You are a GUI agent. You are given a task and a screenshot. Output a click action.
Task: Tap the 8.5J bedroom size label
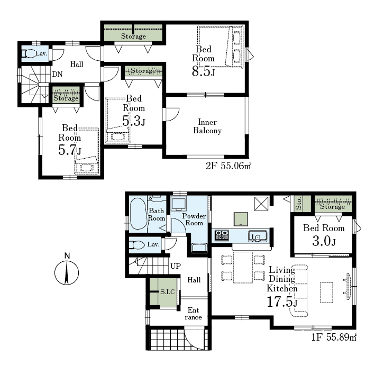click(203, 71)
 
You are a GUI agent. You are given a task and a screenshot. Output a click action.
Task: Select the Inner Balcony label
click(207, 126)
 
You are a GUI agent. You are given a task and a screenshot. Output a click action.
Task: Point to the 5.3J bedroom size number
click(133, 121)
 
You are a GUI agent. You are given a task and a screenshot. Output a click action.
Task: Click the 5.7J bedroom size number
click(70, 150)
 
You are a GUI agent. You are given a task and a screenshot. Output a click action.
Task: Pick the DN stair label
click(58, 74)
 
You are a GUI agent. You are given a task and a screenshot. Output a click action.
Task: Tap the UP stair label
click(176, 266)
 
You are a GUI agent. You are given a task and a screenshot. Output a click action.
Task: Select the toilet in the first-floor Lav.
click(136, 245)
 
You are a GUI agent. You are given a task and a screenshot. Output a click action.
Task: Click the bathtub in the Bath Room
click(138, 214)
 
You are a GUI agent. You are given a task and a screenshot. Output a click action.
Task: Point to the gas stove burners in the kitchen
click(222, 235)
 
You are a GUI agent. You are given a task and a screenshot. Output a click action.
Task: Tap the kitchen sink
click(258, 236)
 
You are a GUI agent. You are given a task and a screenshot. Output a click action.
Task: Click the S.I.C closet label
click(167, 292)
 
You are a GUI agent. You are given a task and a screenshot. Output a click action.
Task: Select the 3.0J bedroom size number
click(324, 241)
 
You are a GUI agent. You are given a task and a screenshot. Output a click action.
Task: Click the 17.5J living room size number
click(282, 301)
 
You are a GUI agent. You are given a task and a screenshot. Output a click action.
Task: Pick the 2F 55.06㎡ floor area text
click(228, 166)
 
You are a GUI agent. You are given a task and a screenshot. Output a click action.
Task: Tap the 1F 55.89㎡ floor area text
click(334, 337)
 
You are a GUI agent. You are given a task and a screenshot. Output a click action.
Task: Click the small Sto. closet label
click(298, 203)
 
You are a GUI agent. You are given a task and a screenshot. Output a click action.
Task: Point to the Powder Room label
click(194, 219)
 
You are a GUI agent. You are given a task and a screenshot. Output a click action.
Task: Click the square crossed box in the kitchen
click(261, 204)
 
